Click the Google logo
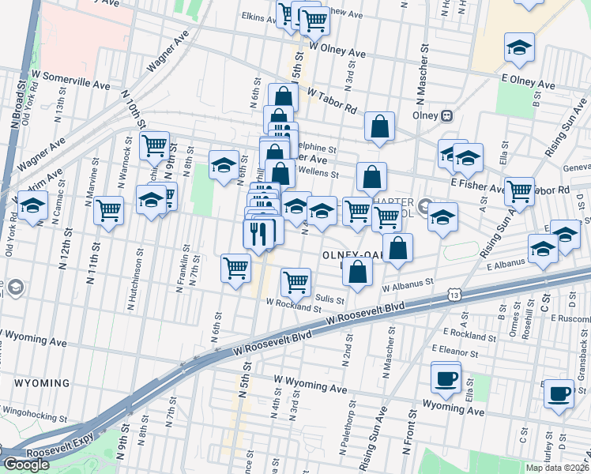[x=26, y=465]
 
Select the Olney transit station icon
[x=446, y=115]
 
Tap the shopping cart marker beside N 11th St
[x=108, y=210]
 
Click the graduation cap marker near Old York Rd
[x=32, y=207]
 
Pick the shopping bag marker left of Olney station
[x=379, y=126]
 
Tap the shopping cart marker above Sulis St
[x=295, y=280]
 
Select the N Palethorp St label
[x=345, y=433]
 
